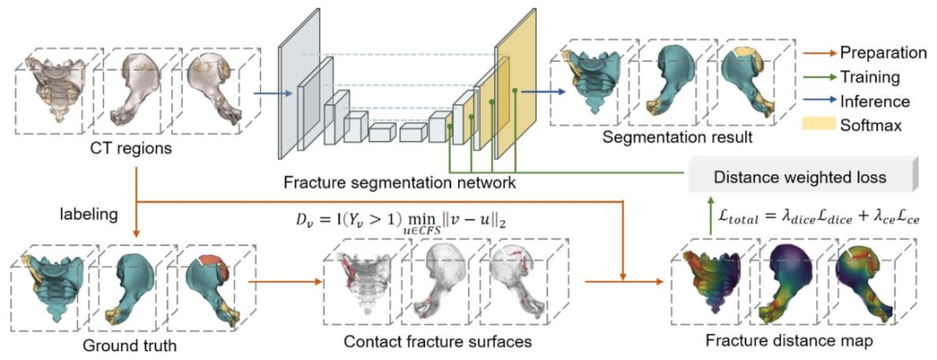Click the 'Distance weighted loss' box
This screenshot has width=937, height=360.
799,178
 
